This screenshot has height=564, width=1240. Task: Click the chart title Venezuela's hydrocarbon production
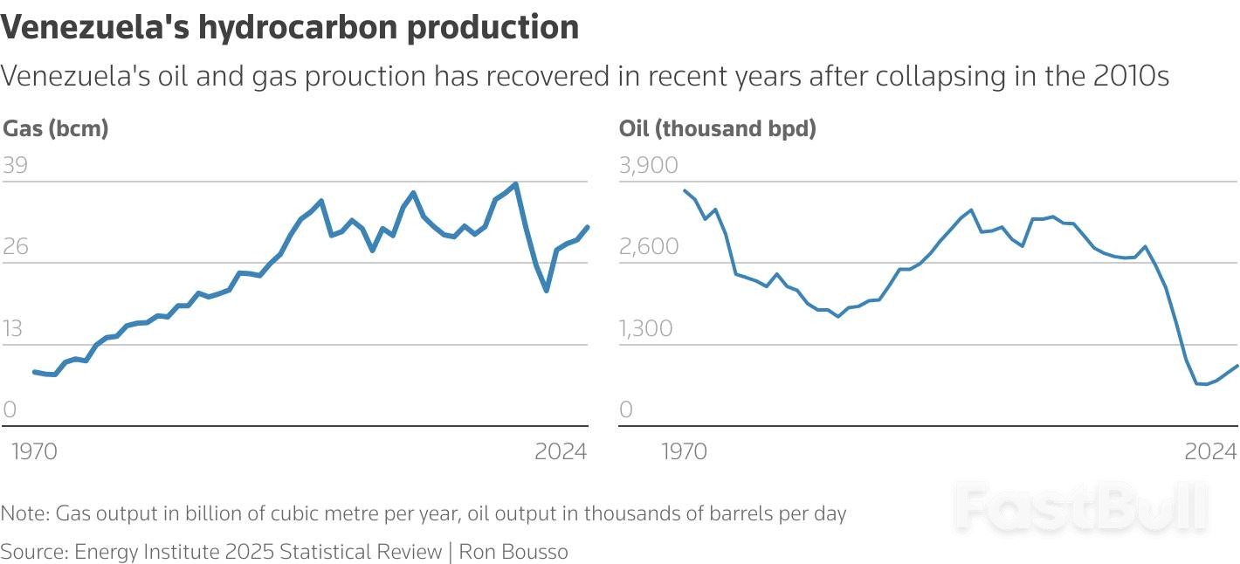click(x=290, y=28)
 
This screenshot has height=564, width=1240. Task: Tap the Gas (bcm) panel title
click(x=56, y=129)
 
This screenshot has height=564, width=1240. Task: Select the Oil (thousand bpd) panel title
click(x=717, y=129)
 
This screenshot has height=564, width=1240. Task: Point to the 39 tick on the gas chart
click(x=16, y=166)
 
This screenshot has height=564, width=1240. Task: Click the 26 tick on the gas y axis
click(x=16, y=247)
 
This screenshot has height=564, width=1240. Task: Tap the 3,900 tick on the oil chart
click(x=648, y=166)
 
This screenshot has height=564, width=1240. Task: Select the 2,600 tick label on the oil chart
click(x=648, y=247)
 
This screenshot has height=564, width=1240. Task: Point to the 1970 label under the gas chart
click(x=32, y=452)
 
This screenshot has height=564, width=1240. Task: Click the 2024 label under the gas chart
click(x=561, y=452)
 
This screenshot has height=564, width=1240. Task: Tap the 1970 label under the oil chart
click(x=685, y=452)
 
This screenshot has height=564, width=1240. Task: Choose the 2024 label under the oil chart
click(x=1210, y=452)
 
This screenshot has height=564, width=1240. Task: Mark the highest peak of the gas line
click(x=516, y=184)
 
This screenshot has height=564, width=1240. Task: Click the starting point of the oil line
click(x=685, y=190)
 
